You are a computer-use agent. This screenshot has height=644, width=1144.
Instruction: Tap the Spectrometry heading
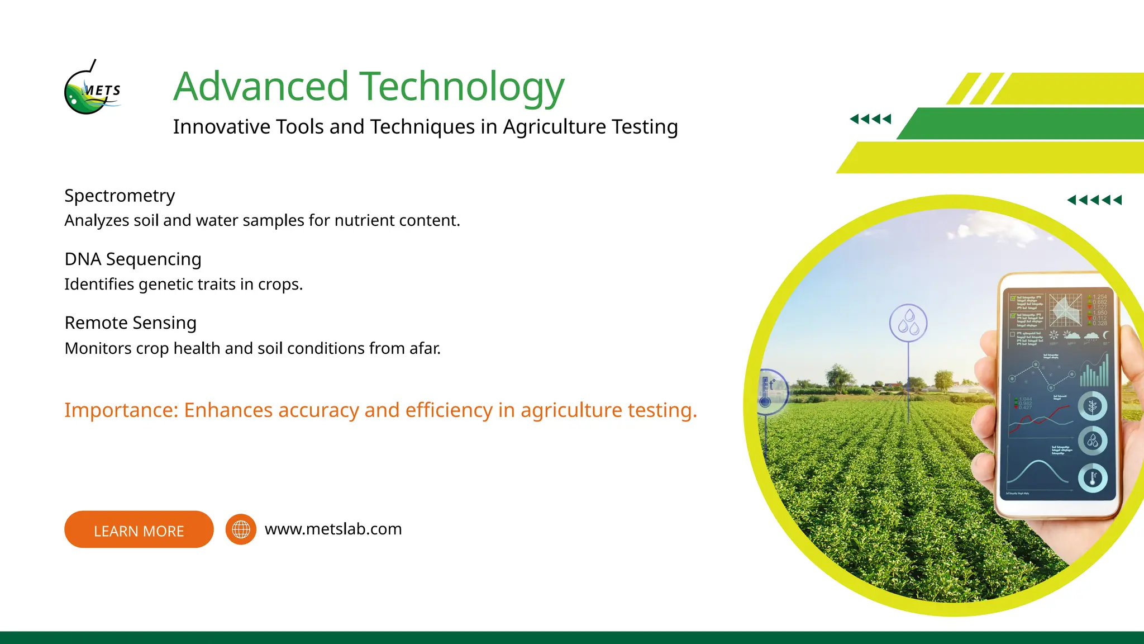pyautogui.click(x=120, y=196)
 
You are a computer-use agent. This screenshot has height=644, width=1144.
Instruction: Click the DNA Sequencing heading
pyautogui.click(x=133, y=259)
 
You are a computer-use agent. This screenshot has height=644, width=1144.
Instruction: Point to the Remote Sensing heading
pyautogui.click(x=131, y=323)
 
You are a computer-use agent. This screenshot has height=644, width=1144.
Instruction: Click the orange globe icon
pyautogui.click(x=241, y=529)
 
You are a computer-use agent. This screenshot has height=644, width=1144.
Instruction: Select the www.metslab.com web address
pyautogui.click(x=333, y=529)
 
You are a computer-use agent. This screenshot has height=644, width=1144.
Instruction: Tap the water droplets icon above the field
pyautogui.click(x=908, y=323)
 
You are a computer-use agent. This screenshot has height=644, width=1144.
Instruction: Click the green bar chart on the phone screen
pyautogui.click(x=1094, y=371)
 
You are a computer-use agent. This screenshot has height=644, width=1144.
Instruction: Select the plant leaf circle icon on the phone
pyautogui.click(x=1092, y=406)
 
